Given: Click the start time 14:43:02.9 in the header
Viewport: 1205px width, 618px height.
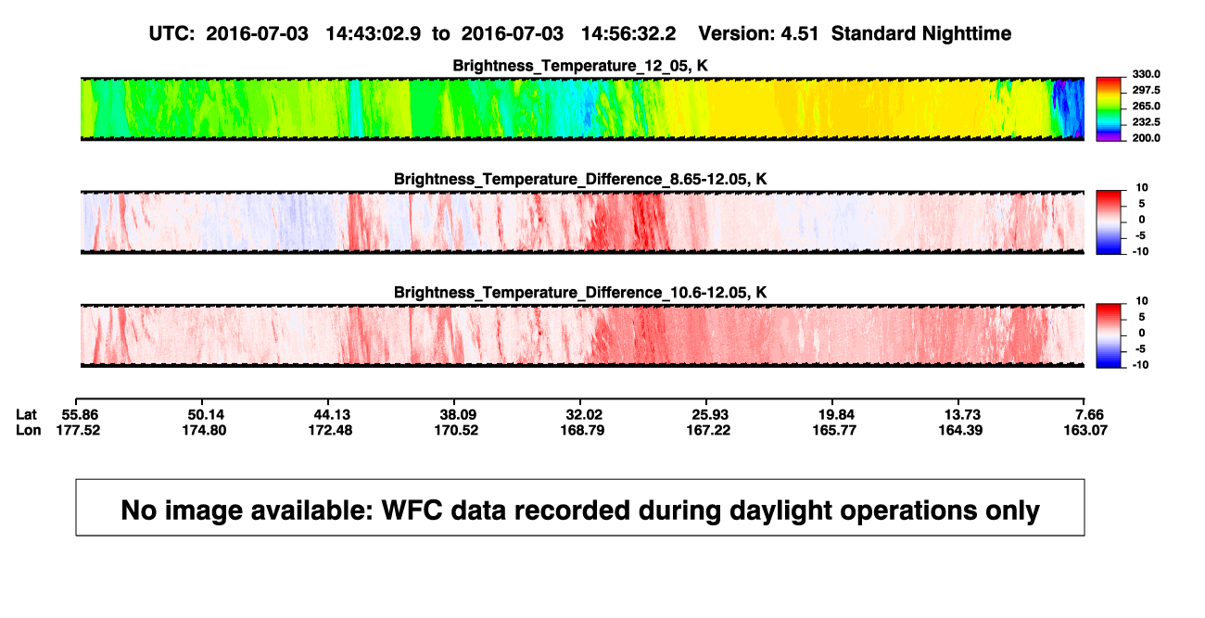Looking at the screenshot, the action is [373, 34].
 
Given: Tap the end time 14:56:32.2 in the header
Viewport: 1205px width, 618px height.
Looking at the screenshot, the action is [628, 34].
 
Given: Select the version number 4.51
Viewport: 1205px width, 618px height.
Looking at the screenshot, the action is [799, 34].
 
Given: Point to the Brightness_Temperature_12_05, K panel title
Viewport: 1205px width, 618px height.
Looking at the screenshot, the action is [580, 66].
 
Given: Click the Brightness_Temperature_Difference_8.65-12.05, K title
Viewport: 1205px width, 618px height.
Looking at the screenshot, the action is [580, 179].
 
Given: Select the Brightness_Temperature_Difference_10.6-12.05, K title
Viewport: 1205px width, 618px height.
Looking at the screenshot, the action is [580, 293].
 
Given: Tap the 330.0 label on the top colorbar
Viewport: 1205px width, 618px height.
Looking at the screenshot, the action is [1146, 74].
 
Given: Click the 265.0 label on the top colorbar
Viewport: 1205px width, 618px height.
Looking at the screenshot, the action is [1146, 106].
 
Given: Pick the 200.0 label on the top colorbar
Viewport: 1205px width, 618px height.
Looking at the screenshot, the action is [1146, 138].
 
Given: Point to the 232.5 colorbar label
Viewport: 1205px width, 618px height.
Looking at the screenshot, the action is [1146, 122].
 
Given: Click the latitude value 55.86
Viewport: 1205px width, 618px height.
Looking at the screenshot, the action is [80, 415].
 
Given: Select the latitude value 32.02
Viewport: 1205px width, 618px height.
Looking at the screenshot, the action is [584, 415].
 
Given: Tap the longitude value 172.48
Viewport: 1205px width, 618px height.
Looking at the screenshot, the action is [330, 430].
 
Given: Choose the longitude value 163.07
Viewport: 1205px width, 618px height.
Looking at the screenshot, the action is [1085, 430].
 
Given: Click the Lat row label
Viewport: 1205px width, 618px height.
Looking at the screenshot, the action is [26, 415].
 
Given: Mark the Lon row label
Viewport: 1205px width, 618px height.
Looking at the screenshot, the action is [28, 430].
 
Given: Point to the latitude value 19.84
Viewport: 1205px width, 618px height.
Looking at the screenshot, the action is [836, 415].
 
